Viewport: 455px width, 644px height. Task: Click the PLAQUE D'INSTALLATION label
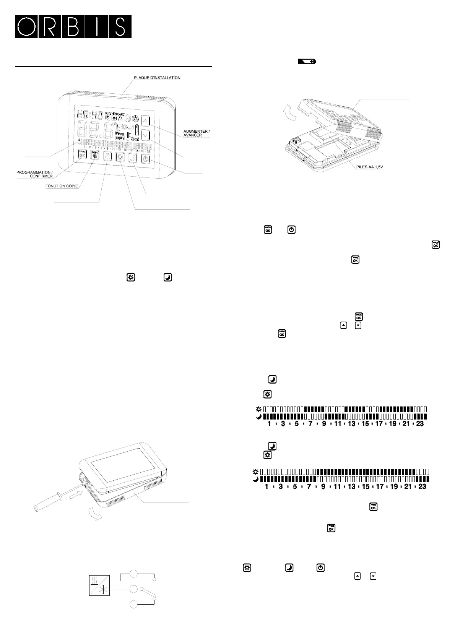(x=157, y=78)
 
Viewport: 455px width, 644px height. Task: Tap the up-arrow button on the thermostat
(x=145, y=121)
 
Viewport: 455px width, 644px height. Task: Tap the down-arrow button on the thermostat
(x=145, y=135)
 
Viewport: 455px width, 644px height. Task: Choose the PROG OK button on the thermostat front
(x=82, y=154)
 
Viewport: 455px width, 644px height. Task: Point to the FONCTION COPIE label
(x=62, y=186)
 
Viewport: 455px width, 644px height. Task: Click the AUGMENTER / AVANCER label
(x=197, y=133)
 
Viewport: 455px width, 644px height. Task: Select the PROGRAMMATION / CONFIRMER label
(x=35, y=174)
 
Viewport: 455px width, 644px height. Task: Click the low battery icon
(x=307, y=62)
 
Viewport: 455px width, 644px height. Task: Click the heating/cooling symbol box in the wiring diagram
(x=99, y=585)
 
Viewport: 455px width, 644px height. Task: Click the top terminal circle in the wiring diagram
(x=133, y=574)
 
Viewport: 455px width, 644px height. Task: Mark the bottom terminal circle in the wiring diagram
(x=133, y=605)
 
